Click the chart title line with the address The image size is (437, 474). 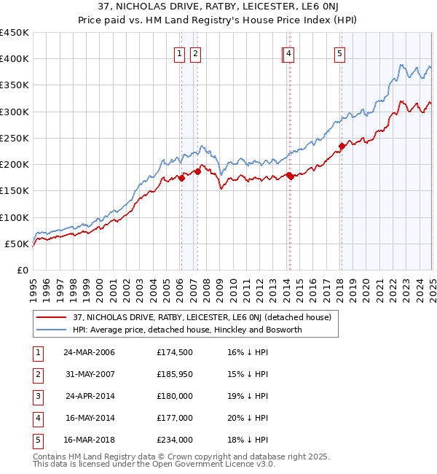click(218, 8)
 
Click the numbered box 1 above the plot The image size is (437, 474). click(179, 53)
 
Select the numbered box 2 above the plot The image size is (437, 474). click(196, 53)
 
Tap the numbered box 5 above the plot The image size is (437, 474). click(340, 53)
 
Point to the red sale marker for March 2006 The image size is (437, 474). click(182, 178)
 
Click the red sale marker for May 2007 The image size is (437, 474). click(197, 172)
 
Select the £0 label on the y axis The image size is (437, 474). click(22, 271)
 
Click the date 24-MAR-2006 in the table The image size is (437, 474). click(90, 353)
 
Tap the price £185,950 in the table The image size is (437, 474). click(175, 375)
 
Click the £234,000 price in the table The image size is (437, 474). click(175, 440)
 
